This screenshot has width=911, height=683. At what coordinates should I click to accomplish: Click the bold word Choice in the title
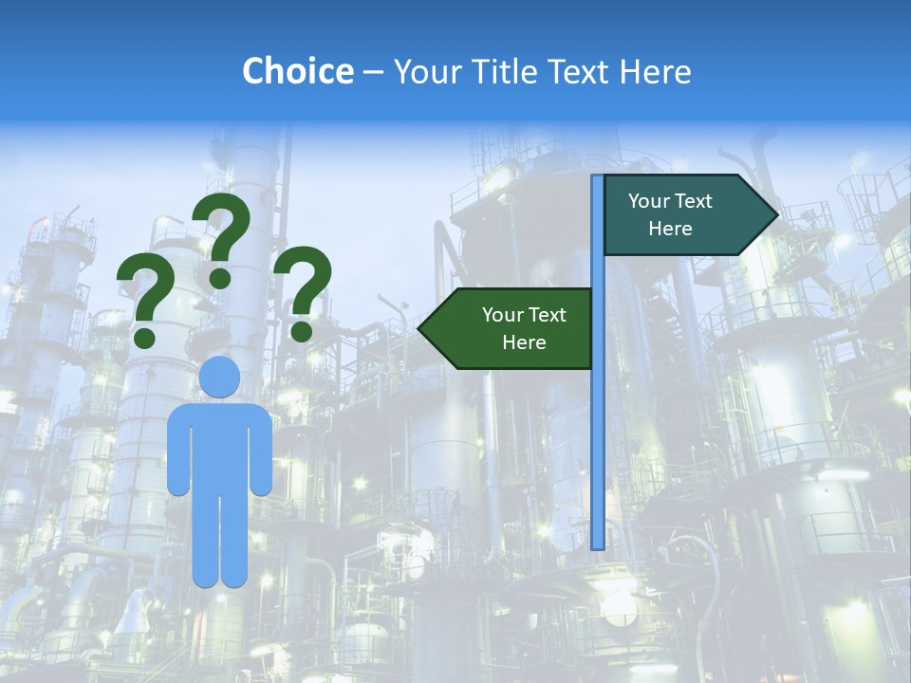pyautogui.click(x=297, y=71)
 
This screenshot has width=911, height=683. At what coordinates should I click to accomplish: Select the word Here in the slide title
pyautogui.click(x=655, y=71)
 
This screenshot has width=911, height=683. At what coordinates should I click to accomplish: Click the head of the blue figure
pyautogui.click(x=219, y=377)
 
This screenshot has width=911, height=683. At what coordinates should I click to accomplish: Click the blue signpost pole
pyautogui.click(x=598, y=427)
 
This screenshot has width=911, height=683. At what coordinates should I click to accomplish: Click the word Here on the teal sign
pyautogui.click(x=670, y=229)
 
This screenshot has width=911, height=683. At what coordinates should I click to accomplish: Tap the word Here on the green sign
pyautogui.click(x=524, y=342)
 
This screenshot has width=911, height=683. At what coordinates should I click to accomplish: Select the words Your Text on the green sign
pyautogui.click(x=524, y=315)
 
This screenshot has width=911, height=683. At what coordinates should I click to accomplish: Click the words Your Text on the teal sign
pyautogui.click(x=670, y=201)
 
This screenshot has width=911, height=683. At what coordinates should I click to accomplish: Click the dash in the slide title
pyautogui.click(x=373, y=73)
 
